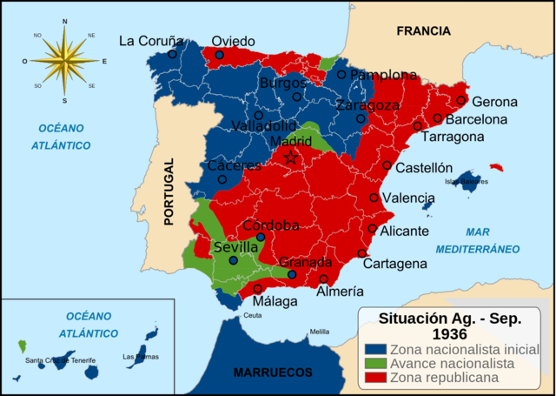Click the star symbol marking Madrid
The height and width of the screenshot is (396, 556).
click(x=292, y=158)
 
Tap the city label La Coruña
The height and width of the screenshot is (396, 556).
click(x=151, y=40)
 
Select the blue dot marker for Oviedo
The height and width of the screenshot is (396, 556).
click(x=219, y=55)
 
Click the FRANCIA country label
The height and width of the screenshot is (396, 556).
click(x=423, y=30)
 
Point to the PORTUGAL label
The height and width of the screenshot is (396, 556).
click(x=171, y=191)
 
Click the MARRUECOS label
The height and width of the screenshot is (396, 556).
click(x=273, y=373)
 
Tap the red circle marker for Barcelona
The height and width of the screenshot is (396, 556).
click(x=438, y=118)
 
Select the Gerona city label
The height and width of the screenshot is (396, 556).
click(x=494, y=101)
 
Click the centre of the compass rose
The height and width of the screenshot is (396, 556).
click(x=64, y=60)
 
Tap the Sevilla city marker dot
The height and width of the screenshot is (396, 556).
click(x=233, y=260)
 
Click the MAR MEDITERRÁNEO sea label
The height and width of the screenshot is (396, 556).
click(x=491, y=240)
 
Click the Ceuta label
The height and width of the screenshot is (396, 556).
click(x=252, y=315)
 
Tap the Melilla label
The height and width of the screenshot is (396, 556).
click(x=320, y=332)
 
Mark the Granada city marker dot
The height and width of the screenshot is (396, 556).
click(x=292, y=274)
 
